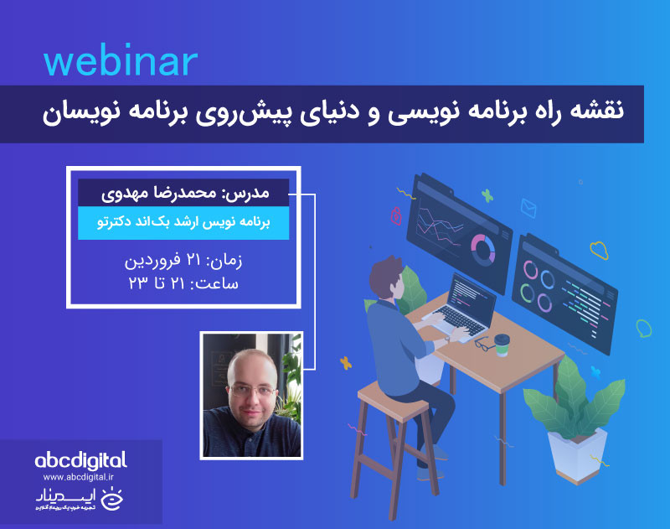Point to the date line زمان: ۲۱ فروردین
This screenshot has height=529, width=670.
(183, 261)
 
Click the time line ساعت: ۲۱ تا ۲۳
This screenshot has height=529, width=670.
(183, 283)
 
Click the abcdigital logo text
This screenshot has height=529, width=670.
(81, 459)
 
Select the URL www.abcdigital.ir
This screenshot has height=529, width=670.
(81, 477)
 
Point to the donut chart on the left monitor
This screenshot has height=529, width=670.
(482, 247)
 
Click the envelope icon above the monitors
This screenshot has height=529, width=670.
(528, 206)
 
